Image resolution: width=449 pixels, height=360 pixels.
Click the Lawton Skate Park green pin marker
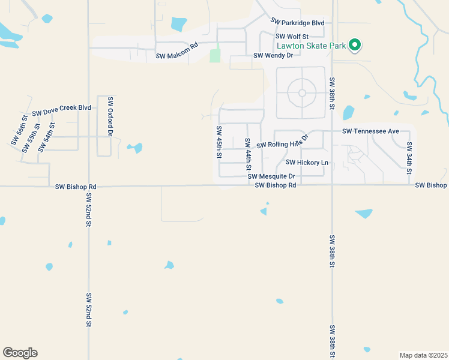point(355,44)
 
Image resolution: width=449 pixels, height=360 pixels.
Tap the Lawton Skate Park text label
point(312,46)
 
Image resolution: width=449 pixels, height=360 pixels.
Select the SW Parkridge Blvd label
point(297,22)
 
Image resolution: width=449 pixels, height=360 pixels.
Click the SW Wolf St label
point(292,37)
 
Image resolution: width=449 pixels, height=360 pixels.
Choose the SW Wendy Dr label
point(273,55)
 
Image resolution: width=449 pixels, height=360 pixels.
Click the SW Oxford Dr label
point(110,115)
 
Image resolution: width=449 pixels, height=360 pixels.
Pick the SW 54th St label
point(46,137)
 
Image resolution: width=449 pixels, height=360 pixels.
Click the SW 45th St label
point(219,142)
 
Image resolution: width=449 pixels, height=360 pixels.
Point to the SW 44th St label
point(247,153)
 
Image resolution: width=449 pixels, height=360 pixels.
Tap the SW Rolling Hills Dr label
point(282,142)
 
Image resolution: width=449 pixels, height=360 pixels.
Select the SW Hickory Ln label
point(307,162)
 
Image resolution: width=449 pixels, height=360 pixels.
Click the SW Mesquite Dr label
point(271,176)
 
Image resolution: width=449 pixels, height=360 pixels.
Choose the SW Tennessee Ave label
point(370,131)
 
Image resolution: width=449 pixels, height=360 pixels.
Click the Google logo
point(20,353)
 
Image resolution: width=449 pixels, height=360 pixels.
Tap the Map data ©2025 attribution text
point(423,355)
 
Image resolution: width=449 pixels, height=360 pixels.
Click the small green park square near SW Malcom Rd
point(215,56)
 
